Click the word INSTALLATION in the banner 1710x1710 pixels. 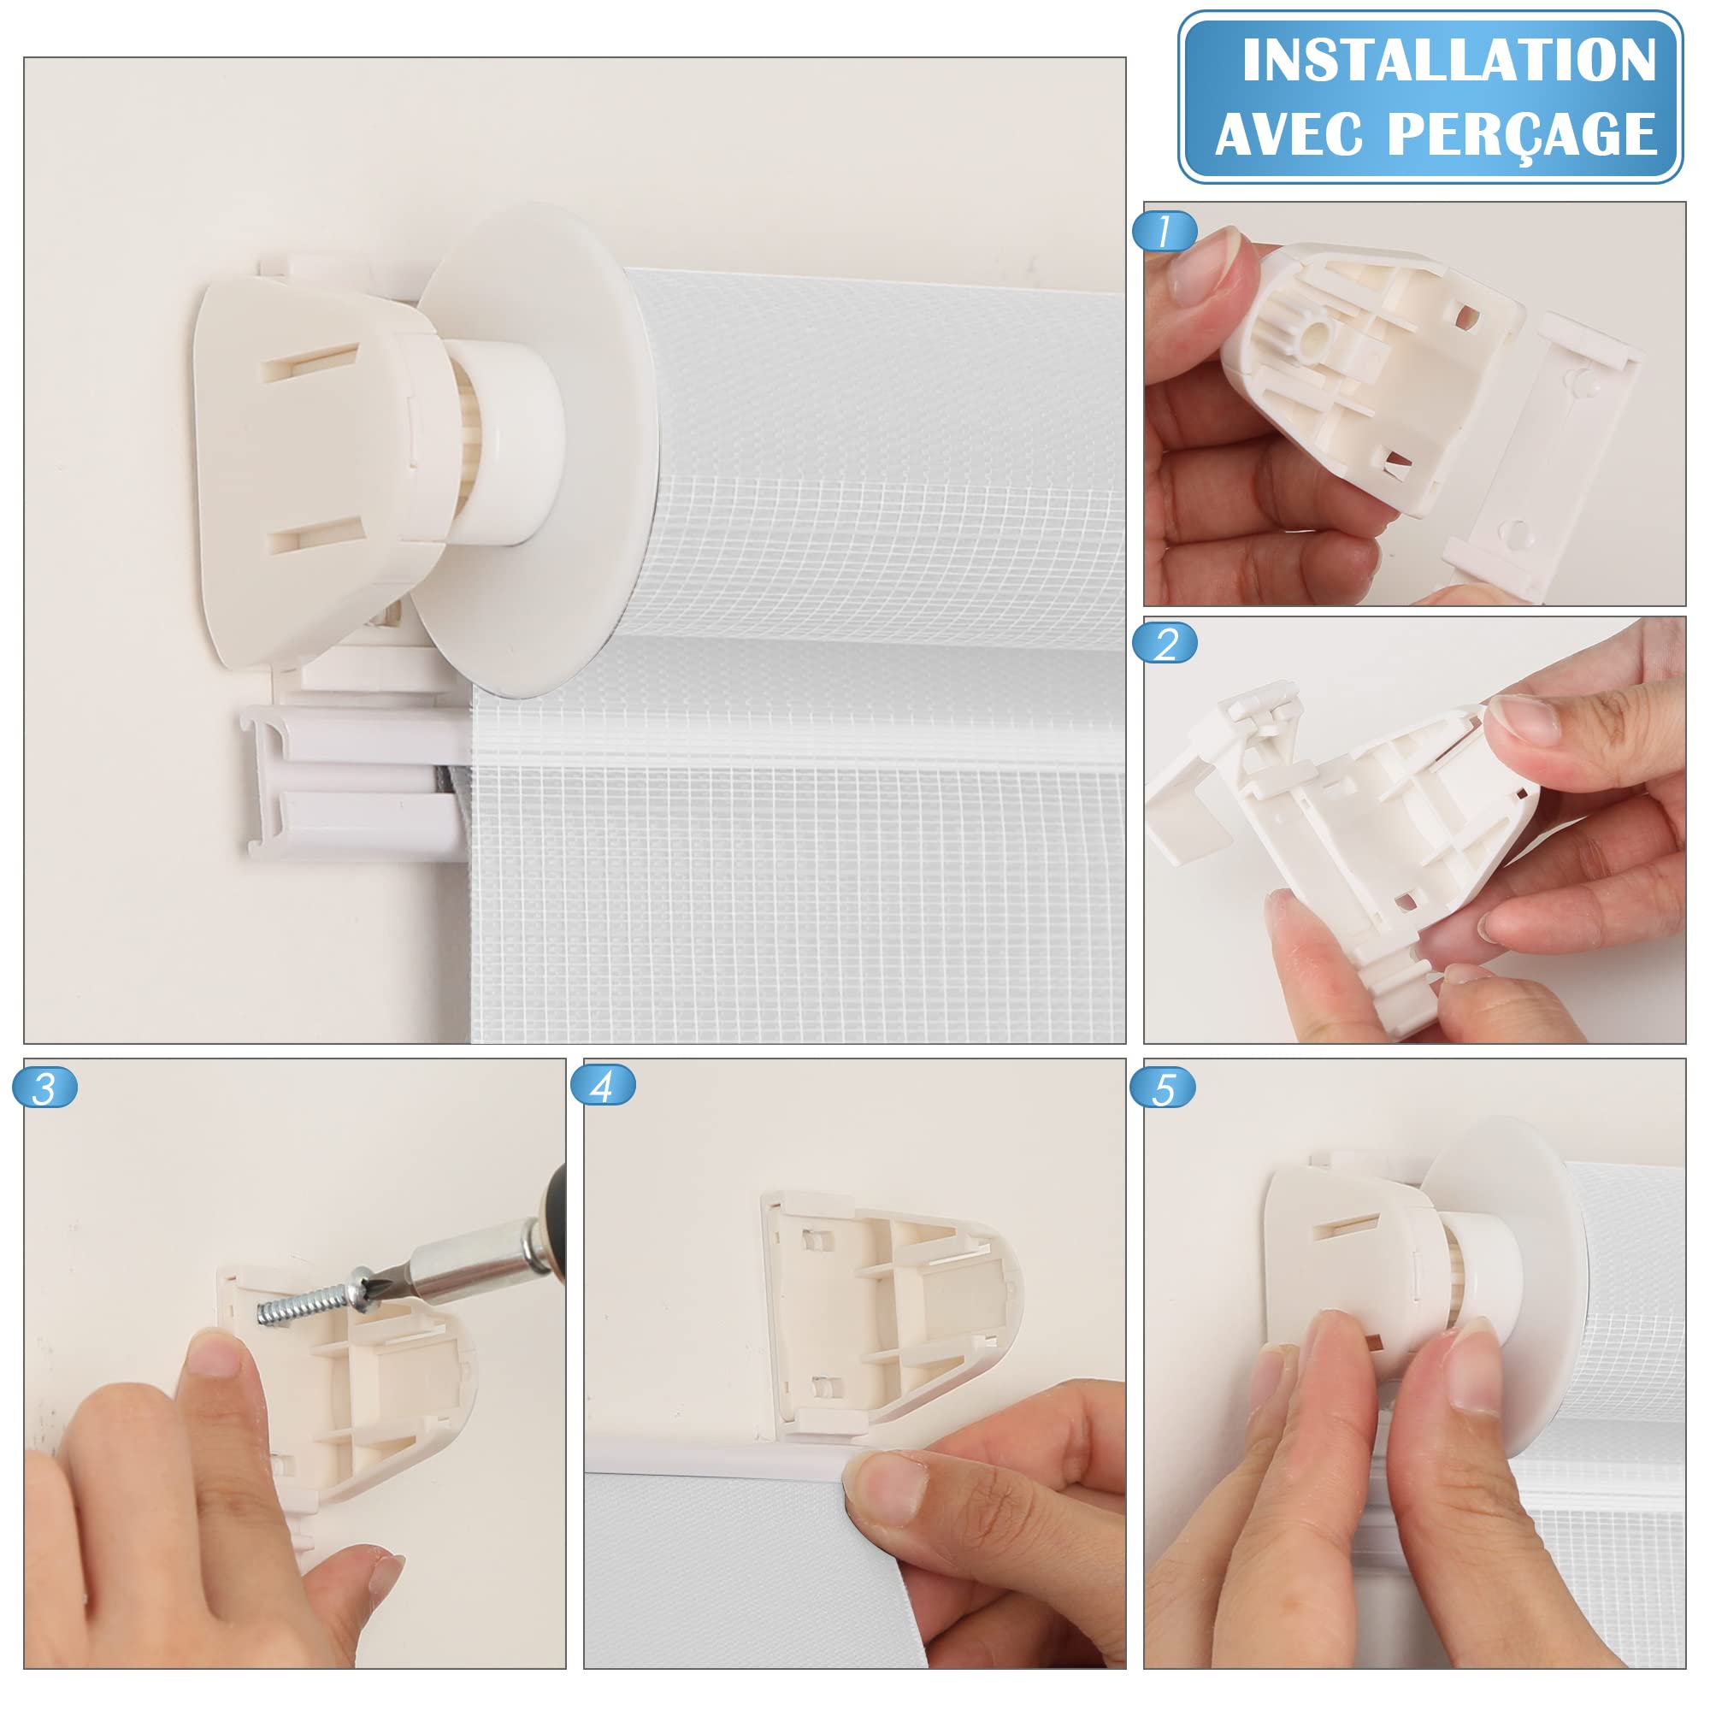pos(1449,60)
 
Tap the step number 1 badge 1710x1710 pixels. pos(1165,231)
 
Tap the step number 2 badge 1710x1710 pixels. pos(1165,644)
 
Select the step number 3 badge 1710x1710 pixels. pos(45,1088)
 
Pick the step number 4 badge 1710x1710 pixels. pos(604,1086)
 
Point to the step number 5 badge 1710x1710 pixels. pos(1163,1088)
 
